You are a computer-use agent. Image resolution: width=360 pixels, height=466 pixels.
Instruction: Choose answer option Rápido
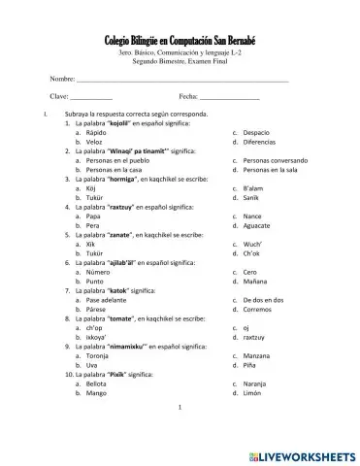click(x=95, y=132)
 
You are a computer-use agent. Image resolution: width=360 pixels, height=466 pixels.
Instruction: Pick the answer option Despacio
click(x=257, y=132)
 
